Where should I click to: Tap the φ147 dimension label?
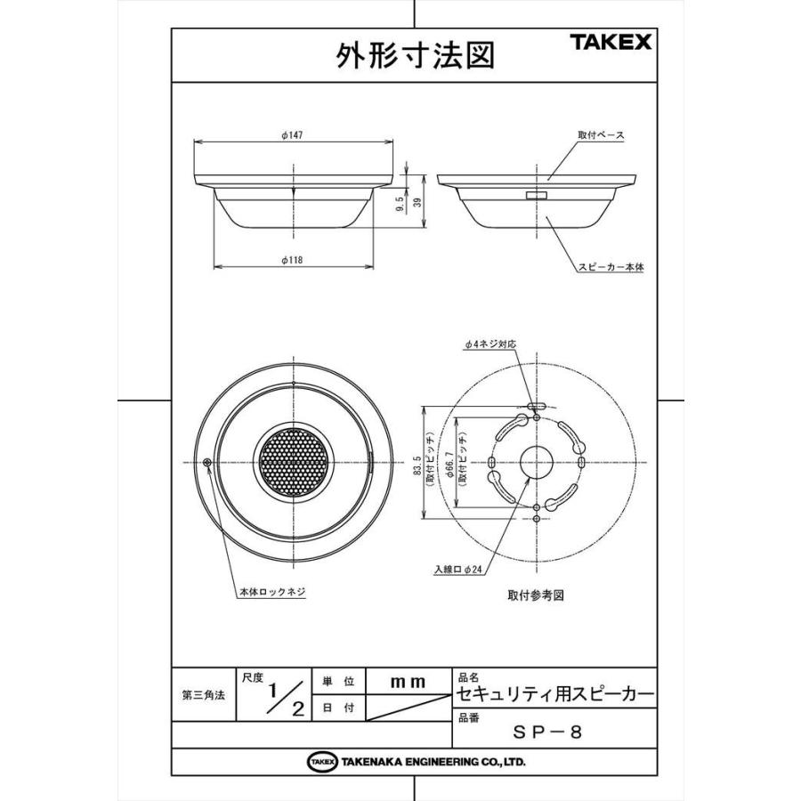click(x=292, y=134)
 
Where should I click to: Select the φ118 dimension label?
click(x=292, y=259)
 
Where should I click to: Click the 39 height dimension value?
click(x=417, y=203)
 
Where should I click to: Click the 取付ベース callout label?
click(x=601, y=135)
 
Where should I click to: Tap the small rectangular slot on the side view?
click(x=537, y=195)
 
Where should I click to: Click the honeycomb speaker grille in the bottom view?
click(x=293, y=462)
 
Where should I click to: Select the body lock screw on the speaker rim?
click(x=207, y=462)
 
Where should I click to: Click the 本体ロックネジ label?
click(x=272, y=591)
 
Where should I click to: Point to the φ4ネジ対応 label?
click(x=490, y=344)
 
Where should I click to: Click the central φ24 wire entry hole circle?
click(x=537, y=462)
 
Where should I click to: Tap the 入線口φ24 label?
click(x=459, y=569)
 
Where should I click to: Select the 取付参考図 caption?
click(x=537, y=594)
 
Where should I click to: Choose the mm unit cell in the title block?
click(x=409, y=682)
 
